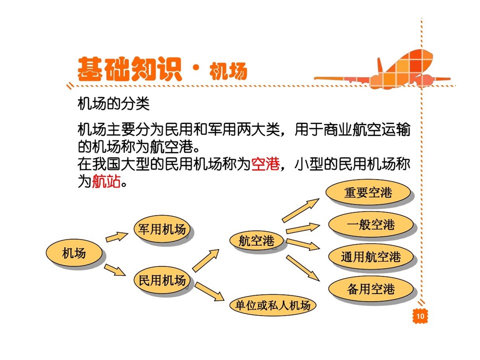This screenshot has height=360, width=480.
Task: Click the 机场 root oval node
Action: click(x=74, y=253)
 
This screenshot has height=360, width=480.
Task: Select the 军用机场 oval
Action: click(x=161, y=228)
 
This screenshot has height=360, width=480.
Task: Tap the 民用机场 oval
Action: click(x=161, y=280)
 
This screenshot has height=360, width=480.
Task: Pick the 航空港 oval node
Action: click(x=256, y=240)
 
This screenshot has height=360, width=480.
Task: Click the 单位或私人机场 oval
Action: click(x=272, y=305)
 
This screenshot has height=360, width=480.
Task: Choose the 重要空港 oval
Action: click(x=368, y=192)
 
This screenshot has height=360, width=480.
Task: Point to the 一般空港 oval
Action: click(x=370, y=224)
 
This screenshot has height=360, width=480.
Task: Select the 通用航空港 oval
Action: click(x=370, y=256)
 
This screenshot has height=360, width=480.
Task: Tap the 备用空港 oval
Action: click(x=370, y=288)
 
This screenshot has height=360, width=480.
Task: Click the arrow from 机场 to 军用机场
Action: click(x=117, y=237)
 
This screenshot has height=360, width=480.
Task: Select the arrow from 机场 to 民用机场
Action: click(x=115, y=269)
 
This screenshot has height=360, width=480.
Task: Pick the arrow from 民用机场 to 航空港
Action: click(x=205, y=260)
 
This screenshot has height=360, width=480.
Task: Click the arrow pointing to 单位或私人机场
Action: click(x=209, y=291)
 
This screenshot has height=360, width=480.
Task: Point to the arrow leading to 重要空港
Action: click(x=300, y=210)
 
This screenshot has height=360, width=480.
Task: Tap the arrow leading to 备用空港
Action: click(x=303, y=268)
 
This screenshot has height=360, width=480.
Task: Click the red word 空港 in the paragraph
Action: click(x=265, y=164)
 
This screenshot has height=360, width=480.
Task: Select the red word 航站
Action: click(x=106, y=181)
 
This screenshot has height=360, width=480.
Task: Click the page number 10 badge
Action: click(x=420, y=315)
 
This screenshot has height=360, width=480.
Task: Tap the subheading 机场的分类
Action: click(x=113, y=103)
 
